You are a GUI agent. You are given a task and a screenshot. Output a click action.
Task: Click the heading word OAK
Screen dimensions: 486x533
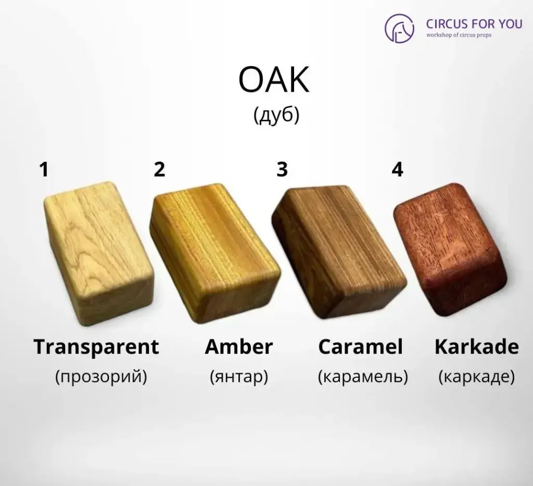tap(274, 81)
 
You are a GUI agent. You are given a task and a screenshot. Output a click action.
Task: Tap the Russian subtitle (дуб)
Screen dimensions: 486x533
tap(276, 116)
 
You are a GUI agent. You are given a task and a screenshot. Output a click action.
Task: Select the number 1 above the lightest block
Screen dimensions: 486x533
tap(44, 169)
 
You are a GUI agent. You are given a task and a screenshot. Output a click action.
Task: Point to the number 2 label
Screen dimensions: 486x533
tap(159, 169)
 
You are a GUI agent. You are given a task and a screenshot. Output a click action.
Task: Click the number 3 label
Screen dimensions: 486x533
tap(282, 169)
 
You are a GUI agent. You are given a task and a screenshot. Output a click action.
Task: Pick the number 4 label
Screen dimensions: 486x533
tap(397, 169)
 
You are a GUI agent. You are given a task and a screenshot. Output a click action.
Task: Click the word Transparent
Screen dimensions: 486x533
tap(96, 347)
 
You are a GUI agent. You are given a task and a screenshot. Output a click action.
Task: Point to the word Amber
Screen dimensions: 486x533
tap(239, 347)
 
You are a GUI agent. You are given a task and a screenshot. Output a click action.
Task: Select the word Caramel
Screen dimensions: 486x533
tap(360, 347)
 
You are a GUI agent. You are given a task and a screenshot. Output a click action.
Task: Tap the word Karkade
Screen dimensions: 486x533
tap(476, 347)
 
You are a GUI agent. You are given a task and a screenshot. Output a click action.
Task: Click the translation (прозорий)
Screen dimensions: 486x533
tap(101, 376)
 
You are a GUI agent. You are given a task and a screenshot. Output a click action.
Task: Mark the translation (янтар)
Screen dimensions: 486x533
tap(239, 376)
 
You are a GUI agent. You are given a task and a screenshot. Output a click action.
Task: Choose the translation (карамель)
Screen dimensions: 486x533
tap(363, 376)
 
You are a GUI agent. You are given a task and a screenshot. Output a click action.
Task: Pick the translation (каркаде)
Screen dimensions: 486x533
tap(476, 376)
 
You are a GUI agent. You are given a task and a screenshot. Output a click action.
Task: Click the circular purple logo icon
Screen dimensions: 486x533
tap(399, 28)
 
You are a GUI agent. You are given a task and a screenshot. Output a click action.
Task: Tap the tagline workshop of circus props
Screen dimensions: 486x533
tap(459, 35)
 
